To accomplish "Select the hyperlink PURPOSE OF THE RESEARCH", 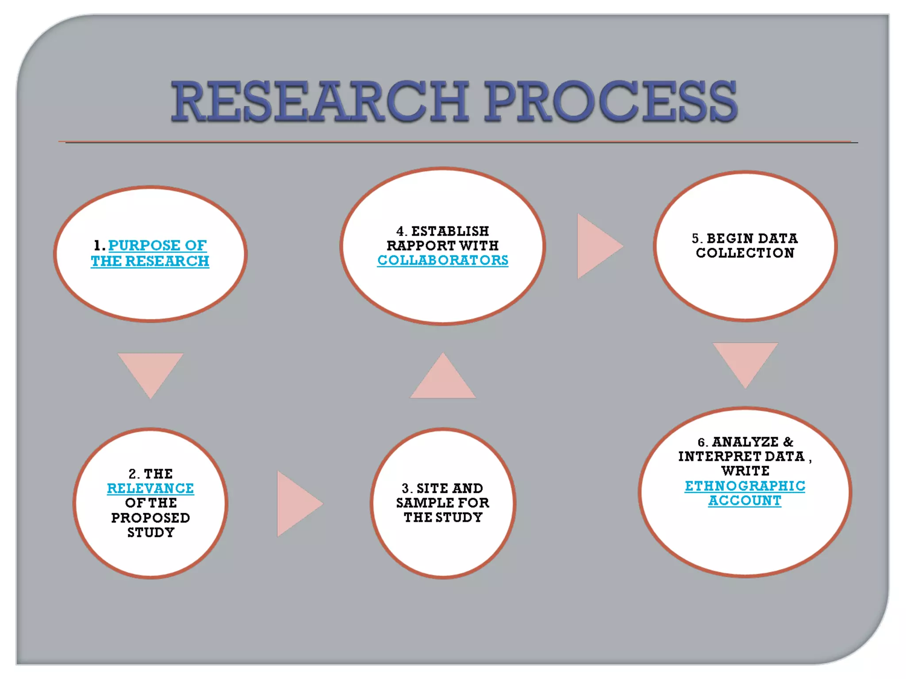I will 150,253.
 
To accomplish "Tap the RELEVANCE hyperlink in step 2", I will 150,488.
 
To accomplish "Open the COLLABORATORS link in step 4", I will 442,260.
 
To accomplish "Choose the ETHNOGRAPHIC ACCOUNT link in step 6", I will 745,493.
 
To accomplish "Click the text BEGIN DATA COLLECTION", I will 745,246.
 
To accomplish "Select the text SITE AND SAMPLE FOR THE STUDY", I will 443,503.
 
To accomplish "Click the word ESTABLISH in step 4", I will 450,231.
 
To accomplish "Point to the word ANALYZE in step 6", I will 745,442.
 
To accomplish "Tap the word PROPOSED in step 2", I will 150,518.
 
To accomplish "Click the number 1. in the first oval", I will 99,246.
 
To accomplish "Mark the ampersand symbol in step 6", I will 788,442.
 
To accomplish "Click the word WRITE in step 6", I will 745,471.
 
